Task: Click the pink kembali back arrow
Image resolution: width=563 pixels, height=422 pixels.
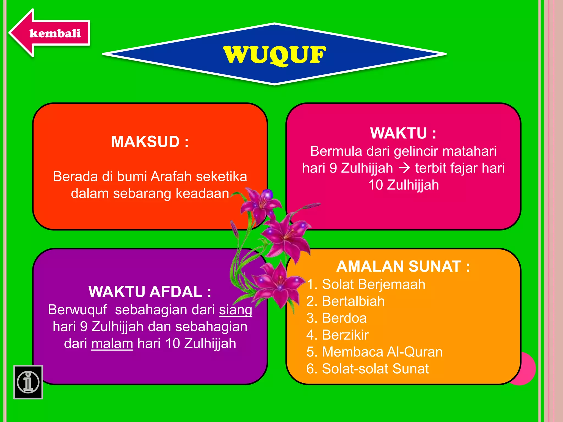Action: tap(49, 33)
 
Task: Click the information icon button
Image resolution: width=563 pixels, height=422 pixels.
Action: tap(28, 382)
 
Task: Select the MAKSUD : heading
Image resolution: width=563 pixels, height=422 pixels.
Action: tap(150, 142)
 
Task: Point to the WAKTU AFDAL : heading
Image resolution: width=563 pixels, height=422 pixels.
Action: tap(150, 292)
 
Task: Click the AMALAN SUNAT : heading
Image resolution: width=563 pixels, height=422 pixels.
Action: tap(403, 266)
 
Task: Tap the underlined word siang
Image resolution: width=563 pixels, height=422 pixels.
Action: tap(236, 310)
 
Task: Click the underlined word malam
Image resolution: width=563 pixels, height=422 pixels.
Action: tap(112, 344)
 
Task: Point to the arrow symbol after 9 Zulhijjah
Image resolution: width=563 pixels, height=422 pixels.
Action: tap(404, 168)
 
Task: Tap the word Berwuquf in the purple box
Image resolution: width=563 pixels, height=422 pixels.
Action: tap(77, 310)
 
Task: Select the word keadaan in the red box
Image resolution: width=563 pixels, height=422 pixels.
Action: tap(202, 193)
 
